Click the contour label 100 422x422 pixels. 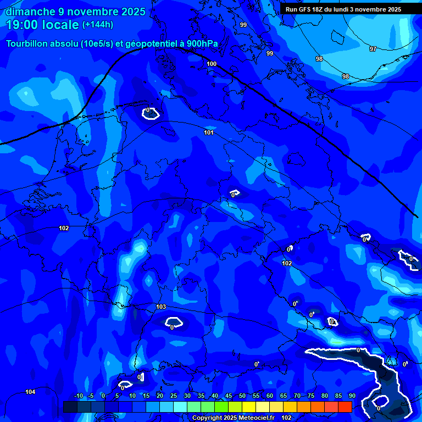coord(212,64)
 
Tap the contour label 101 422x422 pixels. coord(209,132)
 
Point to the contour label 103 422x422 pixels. coord(161,307)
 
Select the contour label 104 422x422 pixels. coord(30,392)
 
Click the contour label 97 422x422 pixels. coord(373,49)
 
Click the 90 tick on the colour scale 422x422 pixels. coord(352,396)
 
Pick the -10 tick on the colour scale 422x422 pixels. coord(78,396)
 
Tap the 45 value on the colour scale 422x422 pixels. coord(228,396)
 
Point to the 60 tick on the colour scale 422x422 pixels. coord(270,396)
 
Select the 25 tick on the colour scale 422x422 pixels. coord(173,396)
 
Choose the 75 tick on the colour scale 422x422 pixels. coord(311,396)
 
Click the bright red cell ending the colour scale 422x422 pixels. coord(345,407)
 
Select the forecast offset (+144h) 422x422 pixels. coord(98,25)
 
